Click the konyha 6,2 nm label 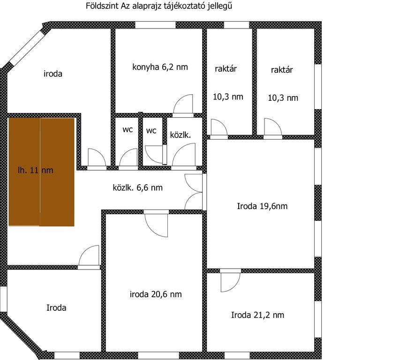pyautogui.click(x=160, y=67)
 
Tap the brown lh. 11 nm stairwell pyautogui.click(x=41, y=172)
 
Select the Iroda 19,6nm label pyautogui.click(x=262, y=205)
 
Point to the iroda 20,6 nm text pyautogui.click(x=156, y=294)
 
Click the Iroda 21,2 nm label pyautogui.click(x=257, y=315)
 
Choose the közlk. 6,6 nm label pyautogui.click(x=138, y=188)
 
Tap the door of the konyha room pyautogui.click(x=183, y=105)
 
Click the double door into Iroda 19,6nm pyautogui.click(x=195, y=191)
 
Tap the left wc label pyautogui.click(x=128, y=130)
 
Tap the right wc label pyautogui.click(x=151, y=131)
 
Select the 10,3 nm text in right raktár pyautogui.click(x=283, y=98)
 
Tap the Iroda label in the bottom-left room pyautogui.click(x=56, y=308)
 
